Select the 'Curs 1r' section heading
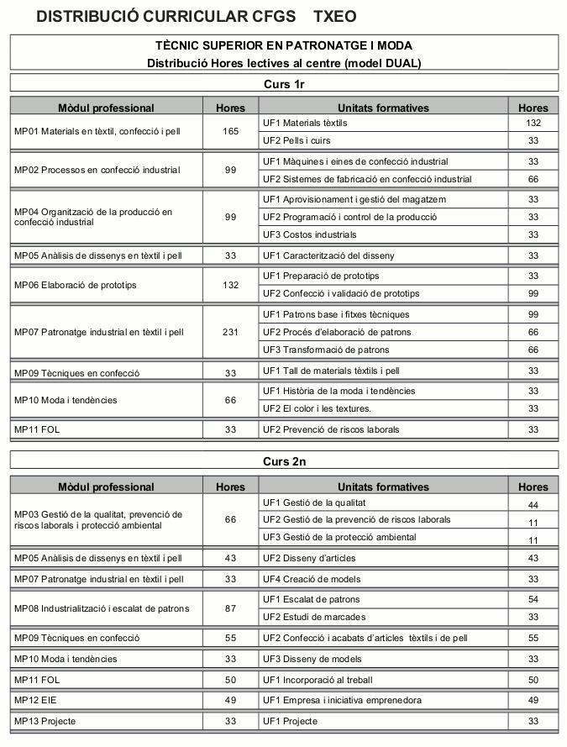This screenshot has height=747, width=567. [284, 83]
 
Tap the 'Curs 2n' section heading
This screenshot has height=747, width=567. [284, 461]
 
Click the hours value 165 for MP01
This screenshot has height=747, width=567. [231, 132]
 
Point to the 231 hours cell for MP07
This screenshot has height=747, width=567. [231, 332]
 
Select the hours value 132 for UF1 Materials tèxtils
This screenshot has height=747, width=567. [533, 123]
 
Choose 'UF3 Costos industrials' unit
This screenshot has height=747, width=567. [309, 234]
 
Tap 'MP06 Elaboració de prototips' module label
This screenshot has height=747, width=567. [76, 285]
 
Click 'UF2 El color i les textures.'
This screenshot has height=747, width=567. [317, 408]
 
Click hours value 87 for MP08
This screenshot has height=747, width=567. [231, 608]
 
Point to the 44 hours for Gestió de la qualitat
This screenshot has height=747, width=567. [533, 505]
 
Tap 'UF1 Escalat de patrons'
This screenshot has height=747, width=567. [311, 599]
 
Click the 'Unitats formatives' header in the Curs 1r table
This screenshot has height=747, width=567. [383, 108]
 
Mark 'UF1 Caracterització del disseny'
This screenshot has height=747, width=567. [328, 255]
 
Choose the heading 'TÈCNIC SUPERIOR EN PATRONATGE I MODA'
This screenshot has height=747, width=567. [284, 45]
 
